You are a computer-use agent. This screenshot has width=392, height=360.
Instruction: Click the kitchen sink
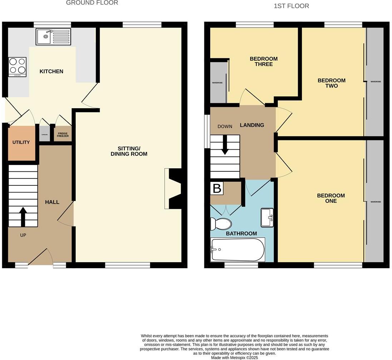[53, 37]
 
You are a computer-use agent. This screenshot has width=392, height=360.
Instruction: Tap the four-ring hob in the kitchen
[17, 67]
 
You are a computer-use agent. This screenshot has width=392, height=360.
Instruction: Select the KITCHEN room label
[51, 71]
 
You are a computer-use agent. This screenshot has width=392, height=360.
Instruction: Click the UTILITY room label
[21, 142]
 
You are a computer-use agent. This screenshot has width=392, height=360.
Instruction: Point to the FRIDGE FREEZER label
[63, 135]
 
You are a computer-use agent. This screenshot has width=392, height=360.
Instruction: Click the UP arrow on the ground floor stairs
[23, 216]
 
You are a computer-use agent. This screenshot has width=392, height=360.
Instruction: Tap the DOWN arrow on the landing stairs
[225, 144]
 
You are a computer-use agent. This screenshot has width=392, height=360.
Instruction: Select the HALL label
[52, 202]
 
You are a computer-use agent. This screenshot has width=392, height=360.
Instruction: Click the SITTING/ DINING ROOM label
[129, 151]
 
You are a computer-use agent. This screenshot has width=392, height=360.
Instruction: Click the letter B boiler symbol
[217, 188]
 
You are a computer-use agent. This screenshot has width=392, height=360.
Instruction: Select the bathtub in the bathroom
[238, 250]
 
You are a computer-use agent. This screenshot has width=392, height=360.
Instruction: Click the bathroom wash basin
[267, 217]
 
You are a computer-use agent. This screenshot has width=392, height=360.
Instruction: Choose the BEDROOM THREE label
[263, 61]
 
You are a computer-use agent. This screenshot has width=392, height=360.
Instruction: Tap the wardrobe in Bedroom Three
[218, 82]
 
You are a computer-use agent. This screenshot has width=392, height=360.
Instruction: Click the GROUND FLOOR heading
[92, 3]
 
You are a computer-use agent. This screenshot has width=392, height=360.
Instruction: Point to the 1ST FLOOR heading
[291, 6]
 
